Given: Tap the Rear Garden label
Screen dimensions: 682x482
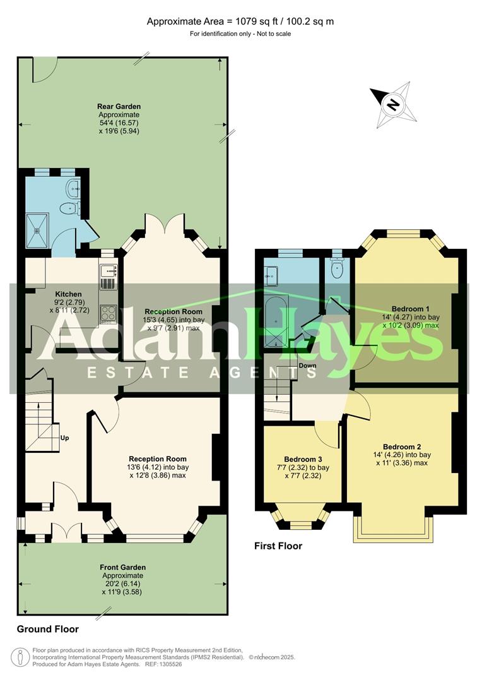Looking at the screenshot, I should coord(119,107).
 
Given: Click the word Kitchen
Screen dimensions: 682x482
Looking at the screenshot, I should coord(68,294).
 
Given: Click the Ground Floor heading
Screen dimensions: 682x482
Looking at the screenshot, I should coord(48,629).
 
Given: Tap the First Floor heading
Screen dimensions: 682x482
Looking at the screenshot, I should coord(278,546).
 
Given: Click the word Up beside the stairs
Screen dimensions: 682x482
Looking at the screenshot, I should coord(64,438).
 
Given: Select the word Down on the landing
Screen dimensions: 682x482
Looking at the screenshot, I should coord(307,366).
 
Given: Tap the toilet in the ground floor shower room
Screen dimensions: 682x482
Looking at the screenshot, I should coord(68,208).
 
